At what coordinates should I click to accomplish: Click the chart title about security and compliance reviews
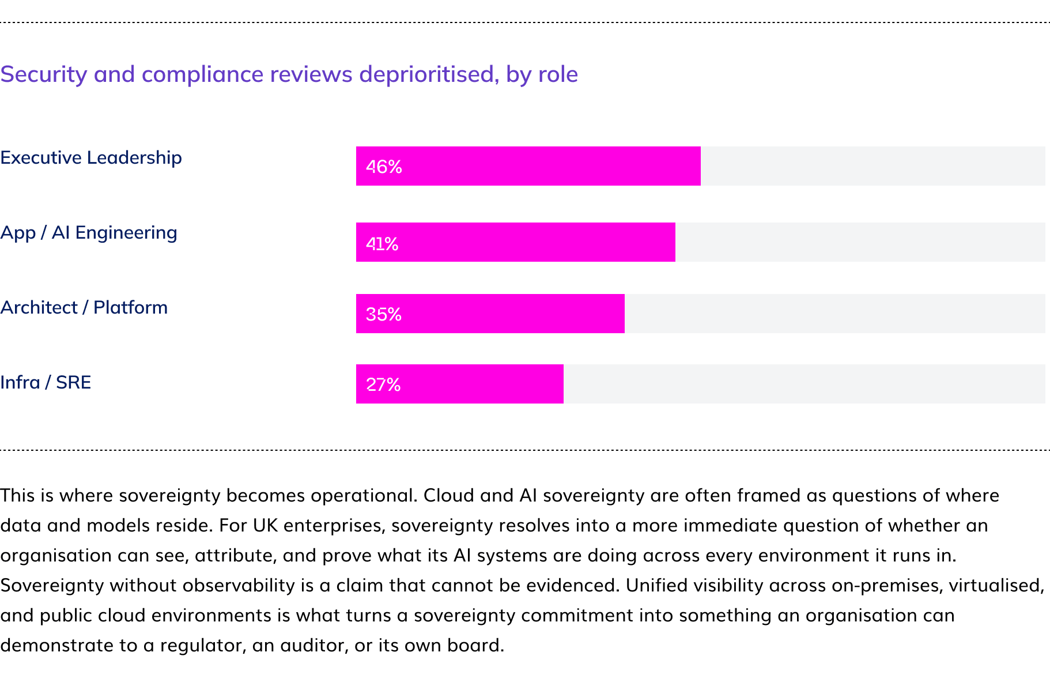click(x=289, y=74)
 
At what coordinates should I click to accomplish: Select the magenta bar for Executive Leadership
click(x=528, y=166)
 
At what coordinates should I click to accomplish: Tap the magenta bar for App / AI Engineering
click(x=515, y=242)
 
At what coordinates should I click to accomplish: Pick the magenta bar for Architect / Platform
click(x=490, y=314)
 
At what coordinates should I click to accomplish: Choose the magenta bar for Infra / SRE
click(x=459, y=384)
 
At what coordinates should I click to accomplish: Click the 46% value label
click(x=384, y=167)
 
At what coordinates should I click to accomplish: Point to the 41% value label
click(x=382, y=244)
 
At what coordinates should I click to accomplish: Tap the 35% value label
click(x=383, y=314)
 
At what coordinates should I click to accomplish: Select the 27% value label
click(x=383, y=385)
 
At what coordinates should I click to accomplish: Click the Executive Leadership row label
click(x=91, y=157)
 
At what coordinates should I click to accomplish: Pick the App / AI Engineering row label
click(x=89, y=233)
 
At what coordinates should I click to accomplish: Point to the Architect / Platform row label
click(x=84, y=307)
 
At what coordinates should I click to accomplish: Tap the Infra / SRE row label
click(x=46, y=382)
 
